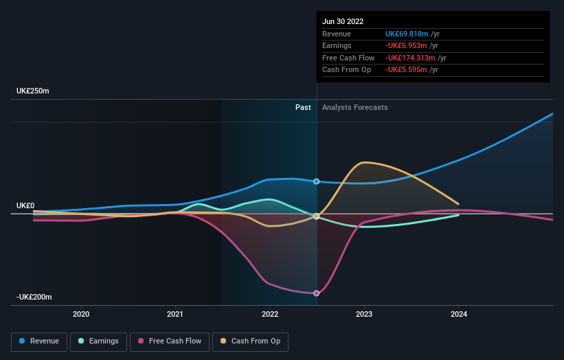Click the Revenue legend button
tap(40, 341)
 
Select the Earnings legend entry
tap(99, 341)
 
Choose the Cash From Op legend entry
tap(250, 341)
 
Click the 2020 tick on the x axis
tap(81, 314)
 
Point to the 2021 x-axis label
tap(176, 314)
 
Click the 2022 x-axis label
tap(270, 314)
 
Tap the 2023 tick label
tap(364, 314)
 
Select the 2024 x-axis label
tap(459, 314)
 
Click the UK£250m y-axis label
tap(33, 91)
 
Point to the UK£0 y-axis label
tap(25, 206)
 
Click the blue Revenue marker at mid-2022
tap(317, 181)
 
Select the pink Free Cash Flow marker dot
tap(317, 293)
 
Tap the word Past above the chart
tap(303, 108)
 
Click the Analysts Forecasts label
tap(354, 108)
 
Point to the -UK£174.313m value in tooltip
tap(411, 58)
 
